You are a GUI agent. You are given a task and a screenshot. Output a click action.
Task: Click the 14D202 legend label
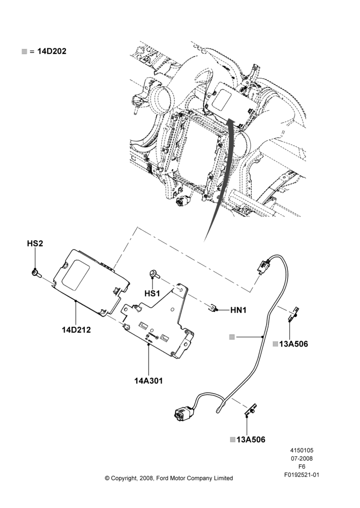pos(52,51)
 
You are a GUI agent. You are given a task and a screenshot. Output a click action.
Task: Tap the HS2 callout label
pos(35,243)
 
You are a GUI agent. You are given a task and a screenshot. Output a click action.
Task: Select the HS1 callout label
pos(152,294)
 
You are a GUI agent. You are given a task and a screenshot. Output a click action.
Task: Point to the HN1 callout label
pos(238,310)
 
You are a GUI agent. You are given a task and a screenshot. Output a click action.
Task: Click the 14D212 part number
pos(76,330)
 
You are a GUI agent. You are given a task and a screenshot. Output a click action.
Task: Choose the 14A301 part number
pos(148,380)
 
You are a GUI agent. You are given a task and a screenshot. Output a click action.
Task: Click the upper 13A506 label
pos(293,344)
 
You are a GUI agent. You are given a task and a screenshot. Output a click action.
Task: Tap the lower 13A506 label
pos(251,439)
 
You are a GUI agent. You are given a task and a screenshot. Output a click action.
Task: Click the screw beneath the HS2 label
pos(35,273)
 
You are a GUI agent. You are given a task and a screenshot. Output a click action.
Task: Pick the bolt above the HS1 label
pos(154,274)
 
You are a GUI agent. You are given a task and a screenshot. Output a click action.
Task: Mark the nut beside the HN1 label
pos(213,308)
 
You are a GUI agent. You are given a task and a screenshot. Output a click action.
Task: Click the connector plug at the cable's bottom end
pos(183,412)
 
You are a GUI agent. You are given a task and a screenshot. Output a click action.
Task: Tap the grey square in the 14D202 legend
pos(24,51)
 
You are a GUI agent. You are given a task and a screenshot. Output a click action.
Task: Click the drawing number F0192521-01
pos(302,475)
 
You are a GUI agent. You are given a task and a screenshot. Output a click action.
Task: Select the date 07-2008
pos(302,458)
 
